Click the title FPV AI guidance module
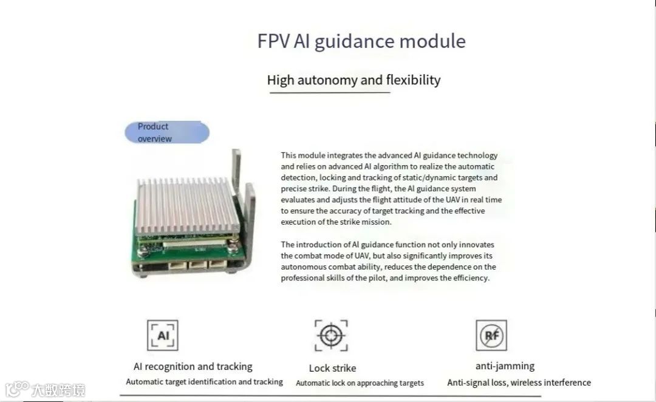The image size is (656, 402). point(361,41)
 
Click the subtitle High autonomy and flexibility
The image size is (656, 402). point(354,80)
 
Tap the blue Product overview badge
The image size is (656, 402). point(166,132)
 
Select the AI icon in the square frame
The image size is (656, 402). point(163,336)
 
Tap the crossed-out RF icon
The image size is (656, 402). point(491,336)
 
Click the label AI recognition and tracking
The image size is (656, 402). point(193,367)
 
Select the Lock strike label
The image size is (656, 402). point(332,368)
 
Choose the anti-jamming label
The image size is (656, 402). point(505,366)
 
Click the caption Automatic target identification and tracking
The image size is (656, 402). point(204,382)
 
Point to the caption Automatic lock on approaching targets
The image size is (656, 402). point(360,383)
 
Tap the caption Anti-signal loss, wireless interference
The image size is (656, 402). point(519,383)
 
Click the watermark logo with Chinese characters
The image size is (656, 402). point(45,389)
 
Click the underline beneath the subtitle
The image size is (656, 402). point(329,93)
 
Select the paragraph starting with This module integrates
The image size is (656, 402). point(391,189)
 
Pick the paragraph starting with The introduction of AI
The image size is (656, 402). point(388,261)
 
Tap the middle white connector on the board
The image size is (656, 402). point(198,265)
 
